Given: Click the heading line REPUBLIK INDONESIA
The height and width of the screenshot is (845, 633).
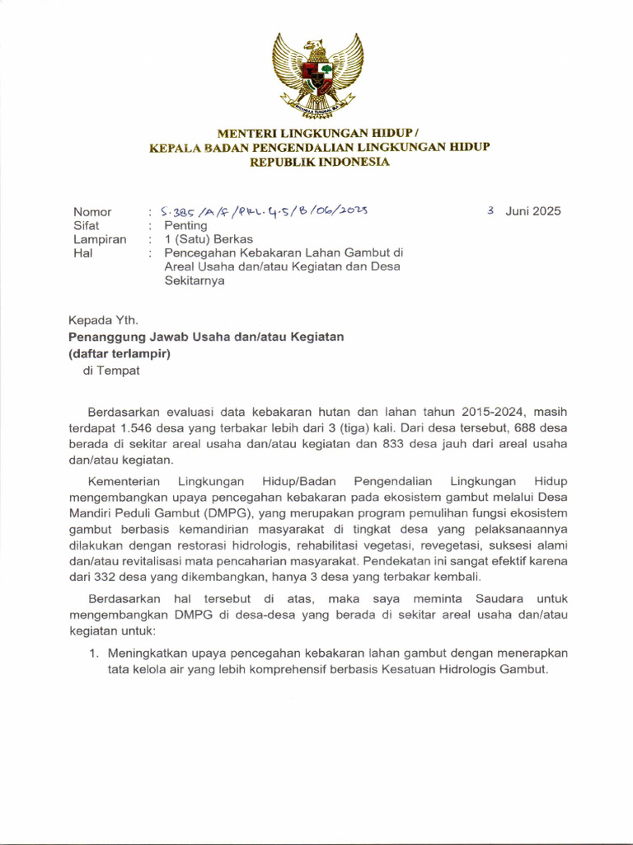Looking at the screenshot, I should (320, 162).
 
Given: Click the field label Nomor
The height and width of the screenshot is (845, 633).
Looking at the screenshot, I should (92, 211).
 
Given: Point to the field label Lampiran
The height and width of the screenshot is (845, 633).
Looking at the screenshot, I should (100, 239).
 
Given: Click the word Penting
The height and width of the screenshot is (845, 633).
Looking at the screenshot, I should (185, 225).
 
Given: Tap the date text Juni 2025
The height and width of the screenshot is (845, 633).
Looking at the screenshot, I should (533, 210).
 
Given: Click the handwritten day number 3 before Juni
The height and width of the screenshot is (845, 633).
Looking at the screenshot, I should (490, 210).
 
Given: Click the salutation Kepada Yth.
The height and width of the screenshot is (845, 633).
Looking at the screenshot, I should (103, 321).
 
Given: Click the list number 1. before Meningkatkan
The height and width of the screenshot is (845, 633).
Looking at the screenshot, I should (94, 653).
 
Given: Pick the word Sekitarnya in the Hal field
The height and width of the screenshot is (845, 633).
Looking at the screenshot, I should (195, 281).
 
